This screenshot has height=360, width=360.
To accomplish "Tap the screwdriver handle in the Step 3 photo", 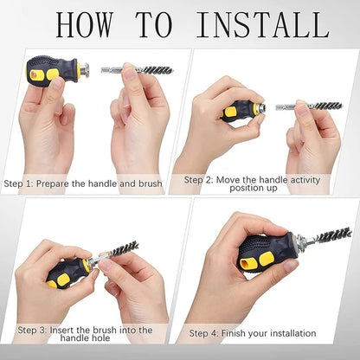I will [66, 273].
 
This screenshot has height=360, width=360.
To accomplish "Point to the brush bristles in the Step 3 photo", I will [124, 250].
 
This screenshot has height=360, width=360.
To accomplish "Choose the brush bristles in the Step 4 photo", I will [333, 235].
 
